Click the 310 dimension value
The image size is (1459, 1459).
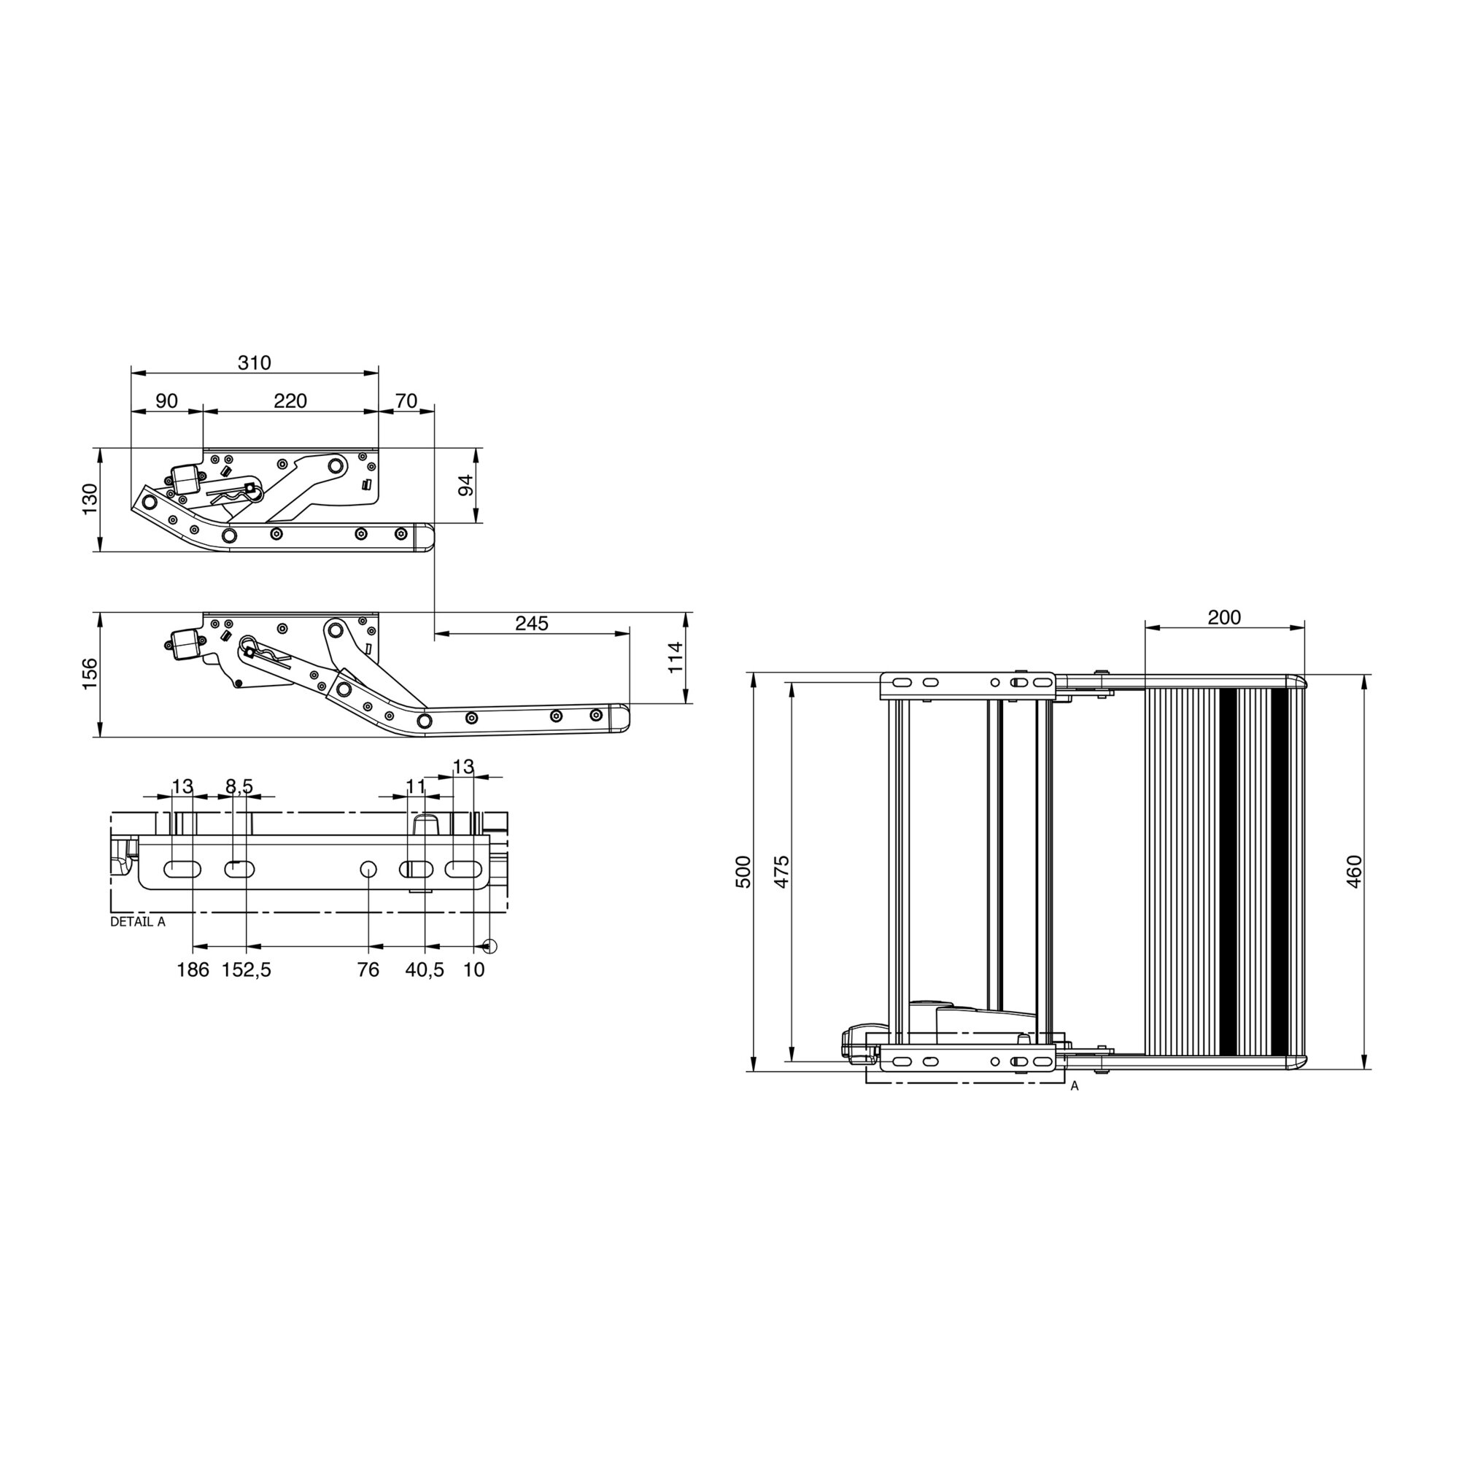254,363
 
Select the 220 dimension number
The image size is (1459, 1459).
290,401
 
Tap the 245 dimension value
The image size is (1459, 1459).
532,623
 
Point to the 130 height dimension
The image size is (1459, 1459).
90,499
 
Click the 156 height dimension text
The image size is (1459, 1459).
90,673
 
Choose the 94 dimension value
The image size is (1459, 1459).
466,485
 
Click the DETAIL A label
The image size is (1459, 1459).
137,922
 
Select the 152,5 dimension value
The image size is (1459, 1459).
246,970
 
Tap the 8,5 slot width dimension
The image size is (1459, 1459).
239,787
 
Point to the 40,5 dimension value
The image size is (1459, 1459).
425,970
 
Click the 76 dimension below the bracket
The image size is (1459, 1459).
368,970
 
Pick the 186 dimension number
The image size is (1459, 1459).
193,970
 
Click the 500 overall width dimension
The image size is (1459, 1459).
744,872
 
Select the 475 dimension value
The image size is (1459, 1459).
781,872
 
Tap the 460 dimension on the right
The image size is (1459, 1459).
1354,872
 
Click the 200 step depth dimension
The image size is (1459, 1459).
1224,618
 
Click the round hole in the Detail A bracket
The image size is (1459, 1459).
368,868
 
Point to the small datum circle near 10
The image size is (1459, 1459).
490,945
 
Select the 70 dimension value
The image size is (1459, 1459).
406,401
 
